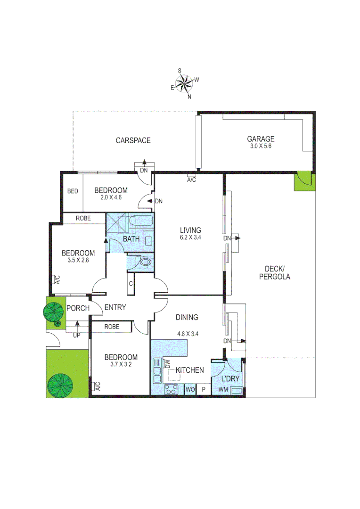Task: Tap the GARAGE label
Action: coord(261,139)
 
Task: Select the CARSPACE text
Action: coord(133,140)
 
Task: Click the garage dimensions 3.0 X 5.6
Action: coord(261,146)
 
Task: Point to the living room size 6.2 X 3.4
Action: coord(190,238)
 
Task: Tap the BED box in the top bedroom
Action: coord(73,191)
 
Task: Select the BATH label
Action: coord(131,239)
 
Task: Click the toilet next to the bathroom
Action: coord(144,263)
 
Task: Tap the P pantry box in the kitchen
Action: coord(204,390)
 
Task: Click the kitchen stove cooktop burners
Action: coord(171,389)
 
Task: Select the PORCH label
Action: coord(78,308)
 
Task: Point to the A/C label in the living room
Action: coord(191,180)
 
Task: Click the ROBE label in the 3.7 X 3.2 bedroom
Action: coord(112,327)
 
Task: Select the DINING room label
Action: coord(187,318)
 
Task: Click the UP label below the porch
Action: coord(76,336)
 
